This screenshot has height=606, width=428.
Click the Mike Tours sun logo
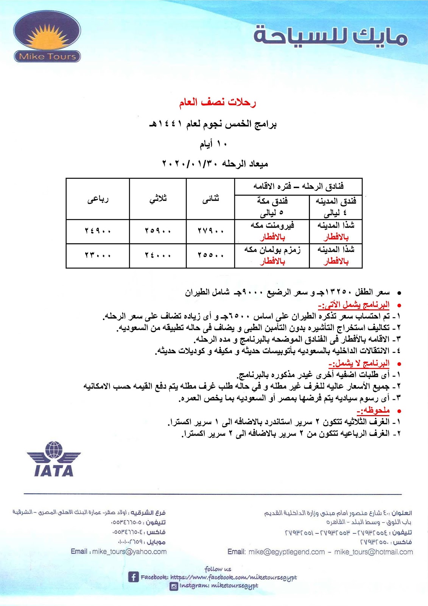point(47,36)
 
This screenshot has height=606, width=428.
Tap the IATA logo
point(54,459)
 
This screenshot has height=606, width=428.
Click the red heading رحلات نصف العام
point(217,102)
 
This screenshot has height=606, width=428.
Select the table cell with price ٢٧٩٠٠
point(210,231)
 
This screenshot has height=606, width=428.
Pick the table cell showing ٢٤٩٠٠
point(98,231)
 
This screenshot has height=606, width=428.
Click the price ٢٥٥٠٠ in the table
point(210,255)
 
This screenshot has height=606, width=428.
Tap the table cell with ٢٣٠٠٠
point(98,255)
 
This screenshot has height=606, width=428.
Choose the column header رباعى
point(98,199)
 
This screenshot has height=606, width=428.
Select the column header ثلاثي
point(158,199)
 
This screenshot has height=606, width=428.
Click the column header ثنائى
point(210,199)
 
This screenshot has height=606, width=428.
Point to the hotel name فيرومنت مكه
point(272,225)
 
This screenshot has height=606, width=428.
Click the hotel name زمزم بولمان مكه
point(272,250)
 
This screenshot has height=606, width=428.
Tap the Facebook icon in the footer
point(133,577)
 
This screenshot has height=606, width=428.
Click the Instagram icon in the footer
point(174,586)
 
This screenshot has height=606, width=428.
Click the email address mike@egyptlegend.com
point(286,552)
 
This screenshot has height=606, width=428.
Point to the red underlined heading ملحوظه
point(373,411)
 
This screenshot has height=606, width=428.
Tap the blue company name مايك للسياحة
point(330,37)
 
